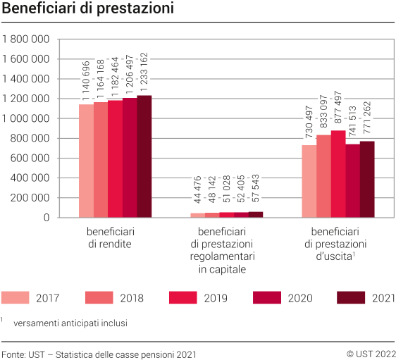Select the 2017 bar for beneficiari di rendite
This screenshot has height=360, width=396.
[85, 161]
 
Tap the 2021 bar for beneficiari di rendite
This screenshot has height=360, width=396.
[144, 156]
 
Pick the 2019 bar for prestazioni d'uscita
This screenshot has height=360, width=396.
[338, 174]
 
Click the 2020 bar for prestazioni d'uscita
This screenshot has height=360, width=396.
[352, 180]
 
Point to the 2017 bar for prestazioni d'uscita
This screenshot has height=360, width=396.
[309, 181]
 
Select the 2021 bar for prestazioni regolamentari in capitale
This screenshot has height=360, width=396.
[255, 214]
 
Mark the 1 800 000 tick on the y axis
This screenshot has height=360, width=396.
[26, 39]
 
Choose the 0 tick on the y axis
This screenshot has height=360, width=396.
[46, 218]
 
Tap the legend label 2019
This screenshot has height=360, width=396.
[215, 298]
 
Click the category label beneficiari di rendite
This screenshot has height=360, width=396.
[111, 237]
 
